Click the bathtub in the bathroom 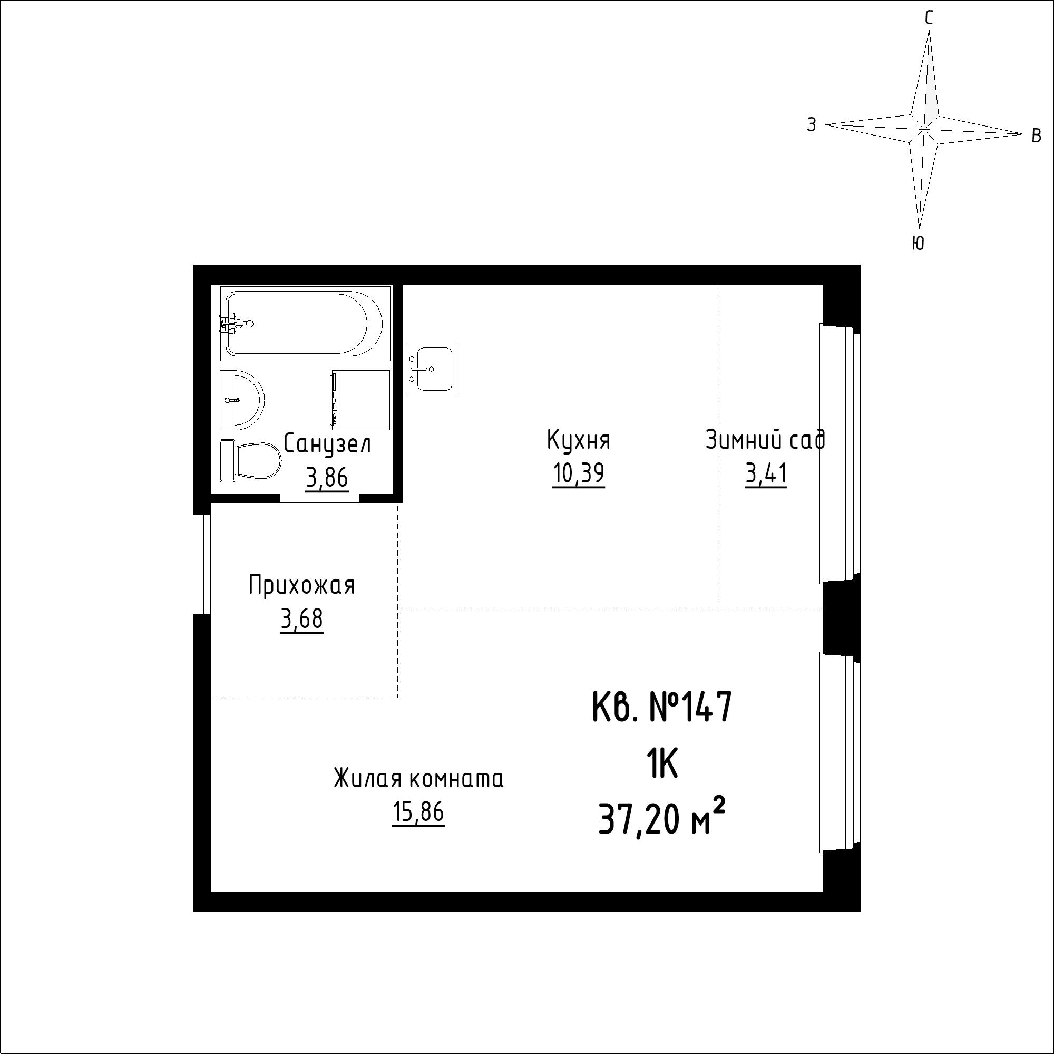[x=306, y=324]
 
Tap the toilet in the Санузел [x=250, y=461]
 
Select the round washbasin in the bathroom [x=242, y=400]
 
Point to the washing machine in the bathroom [x=360, y=400]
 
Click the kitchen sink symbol [x=431, y=369]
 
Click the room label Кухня [x=578, y=440]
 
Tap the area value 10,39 [x=578, y=474]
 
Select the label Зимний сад [x=765, y=440]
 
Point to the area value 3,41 [x=766, y=474]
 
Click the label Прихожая [x=301, y=586]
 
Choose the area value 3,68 [x=301, y=619]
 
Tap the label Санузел [x=327, y=444]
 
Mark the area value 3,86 [x=327, y=478]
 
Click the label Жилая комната [x=418, y=779]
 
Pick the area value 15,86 [x=418, y=813]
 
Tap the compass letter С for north [x=929, y=18]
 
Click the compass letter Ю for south [x=918, y=244]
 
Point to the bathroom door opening [x=320, y=497]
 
